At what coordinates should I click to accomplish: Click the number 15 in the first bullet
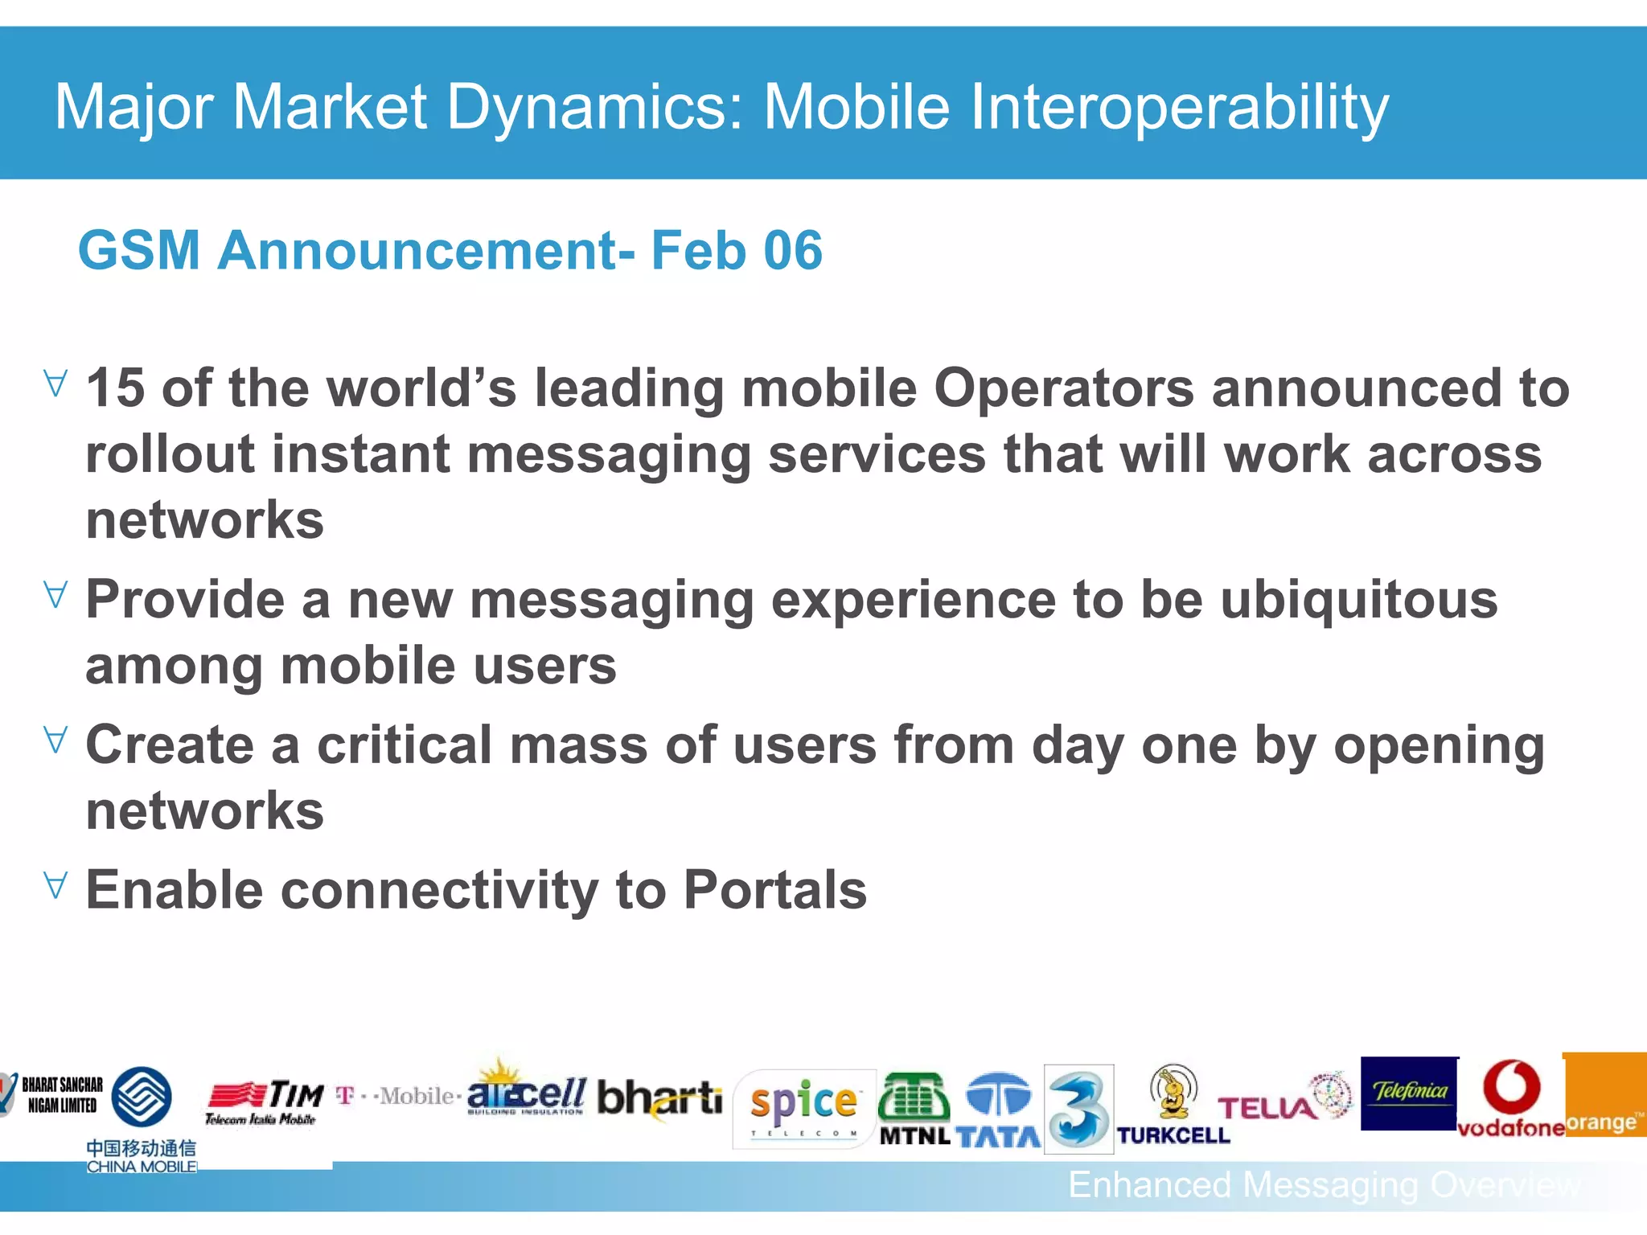tap(115, 388)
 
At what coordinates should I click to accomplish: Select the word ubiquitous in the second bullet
tap(1358, 600)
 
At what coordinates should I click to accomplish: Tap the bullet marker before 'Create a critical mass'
tap(55, 739)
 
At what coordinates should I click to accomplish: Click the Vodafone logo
tap(1510, 1098)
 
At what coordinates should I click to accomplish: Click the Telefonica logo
tap(1409, 1093)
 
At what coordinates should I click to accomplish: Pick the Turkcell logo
tap(1173, 1106)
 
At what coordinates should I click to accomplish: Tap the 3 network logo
tap(1078, 1109)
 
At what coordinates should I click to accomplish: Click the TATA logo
tap(998, 1110)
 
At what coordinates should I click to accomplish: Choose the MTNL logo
tap(914, 1110)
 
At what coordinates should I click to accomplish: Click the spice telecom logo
tap(803, 1108)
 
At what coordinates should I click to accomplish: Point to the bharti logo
tap(659, 1098)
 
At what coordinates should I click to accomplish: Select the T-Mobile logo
tap(398, 1096)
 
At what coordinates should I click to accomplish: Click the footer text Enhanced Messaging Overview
tap(1323, 1185)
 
